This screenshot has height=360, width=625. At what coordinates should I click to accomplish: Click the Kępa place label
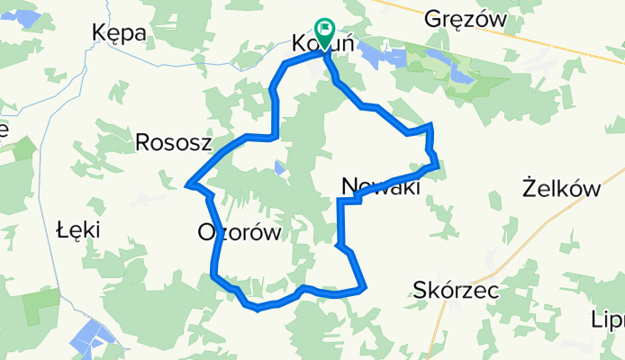coord(120,32)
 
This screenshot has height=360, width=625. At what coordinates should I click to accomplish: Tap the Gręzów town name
coord(466,18)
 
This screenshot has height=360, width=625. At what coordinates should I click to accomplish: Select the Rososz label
coord(173,141)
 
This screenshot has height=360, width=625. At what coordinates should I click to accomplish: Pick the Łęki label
coord(77,229)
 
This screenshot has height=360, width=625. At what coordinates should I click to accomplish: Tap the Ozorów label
coord(239,233)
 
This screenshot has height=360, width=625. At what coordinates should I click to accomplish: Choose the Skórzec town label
coord(456,289)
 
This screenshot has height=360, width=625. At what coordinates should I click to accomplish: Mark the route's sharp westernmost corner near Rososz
coord(186,184)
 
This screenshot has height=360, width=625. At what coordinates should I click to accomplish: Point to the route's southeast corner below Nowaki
coord(364,289)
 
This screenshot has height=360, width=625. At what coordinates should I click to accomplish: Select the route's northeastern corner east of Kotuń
coord(432,125)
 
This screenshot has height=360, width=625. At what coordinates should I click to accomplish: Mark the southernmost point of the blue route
coord(258,309)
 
